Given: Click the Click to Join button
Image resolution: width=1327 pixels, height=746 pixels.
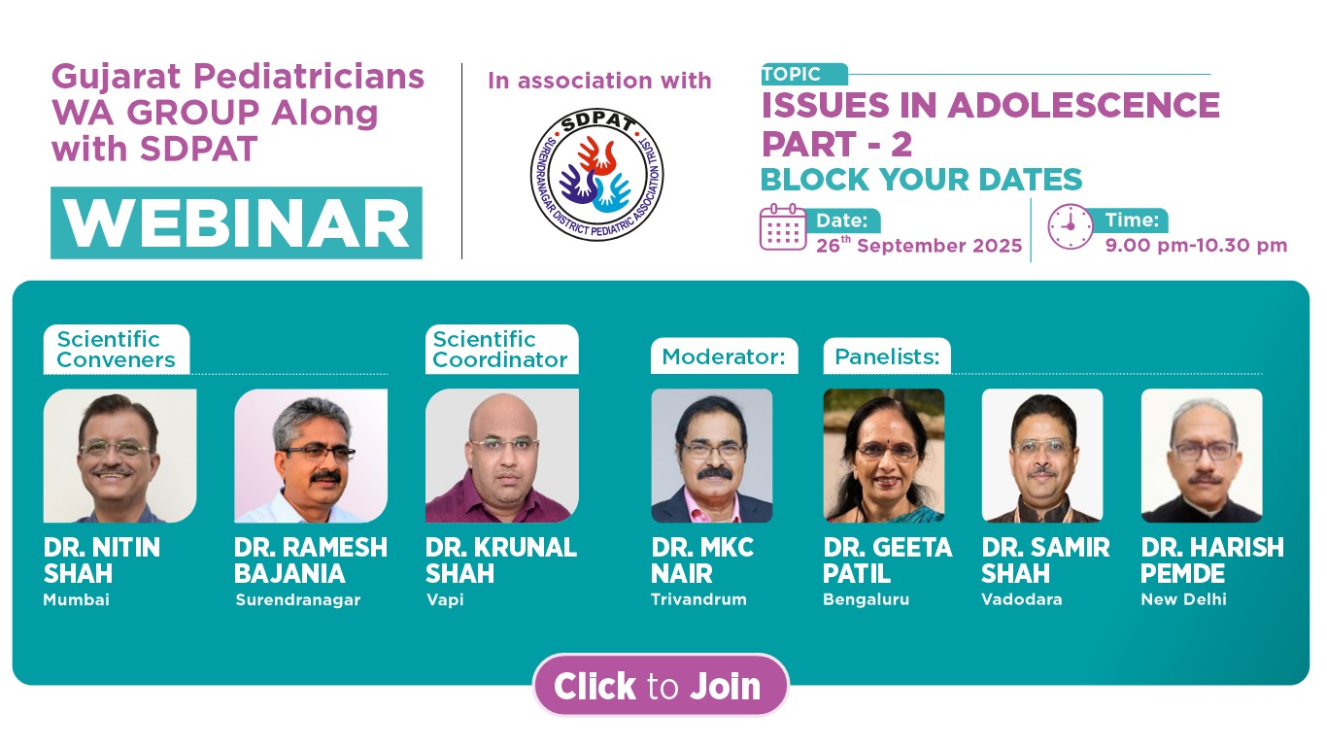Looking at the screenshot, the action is (x=661, y=685).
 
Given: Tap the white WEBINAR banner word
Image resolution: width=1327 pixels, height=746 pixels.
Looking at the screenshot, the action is (x=236, y=223).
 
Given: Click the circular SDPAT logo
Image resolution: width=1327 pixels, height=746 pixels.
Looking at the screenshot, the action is (x=596, y=175).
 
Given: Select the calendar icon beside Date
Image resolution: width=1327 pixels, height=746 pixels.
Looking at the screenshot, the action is (x=783, y=227).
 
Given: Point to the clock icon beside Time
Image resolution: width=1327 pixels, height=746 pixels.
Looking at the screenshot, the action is (x=1070, y=227).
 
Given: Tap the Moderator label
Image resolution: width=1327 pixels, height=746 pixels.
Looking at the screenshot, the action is (x=724, y=356).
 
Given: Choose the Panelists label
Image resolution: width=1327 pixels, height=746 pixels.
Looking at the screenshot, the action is (x=887, y=356).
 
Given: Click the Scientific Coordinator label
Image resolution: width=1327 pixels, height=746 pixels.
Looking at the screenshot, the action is (x=501, y=349).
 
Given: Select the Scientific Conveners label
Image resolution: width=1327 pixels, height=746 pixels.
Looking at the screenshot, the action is (x=117, y=349).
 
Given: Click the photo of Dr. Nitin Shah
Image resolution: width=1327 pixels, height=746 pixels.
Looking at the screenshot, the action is (x=119, y=456).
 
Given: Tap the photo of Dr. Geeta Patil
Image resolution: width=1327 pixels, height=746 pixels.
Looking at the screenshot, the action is (x=884, y=456).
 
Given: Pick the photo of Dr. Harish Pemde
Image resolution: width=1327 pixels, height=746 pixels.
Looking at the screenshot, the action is (x=1202, y=456).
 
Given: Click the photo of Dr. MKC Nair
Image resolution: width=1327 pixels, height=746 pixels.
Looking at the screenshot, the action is (x=711, y=456).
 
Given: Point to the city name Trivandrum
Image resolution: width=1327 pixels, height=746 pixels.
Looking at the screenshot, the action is (x=698, y=599).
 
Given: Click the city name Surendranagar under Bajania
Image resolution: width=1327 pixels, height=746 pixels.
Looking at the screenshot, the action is (x=297, y=599).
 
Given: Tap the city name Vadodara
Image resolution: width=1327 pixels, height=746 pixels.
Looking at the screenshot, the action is (x=1021, y=599).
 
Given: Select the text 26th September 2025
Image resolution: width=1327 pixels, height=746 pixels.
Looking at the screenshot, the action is (x=919, y=245).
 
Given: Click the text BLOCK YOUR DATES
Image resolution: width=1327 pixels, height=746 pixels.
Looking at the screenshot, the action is (x=921, y=180).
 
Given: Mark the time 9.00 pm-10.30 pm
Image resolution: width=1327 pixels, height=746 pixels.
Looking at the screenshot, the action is (x=1196, y=245).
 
